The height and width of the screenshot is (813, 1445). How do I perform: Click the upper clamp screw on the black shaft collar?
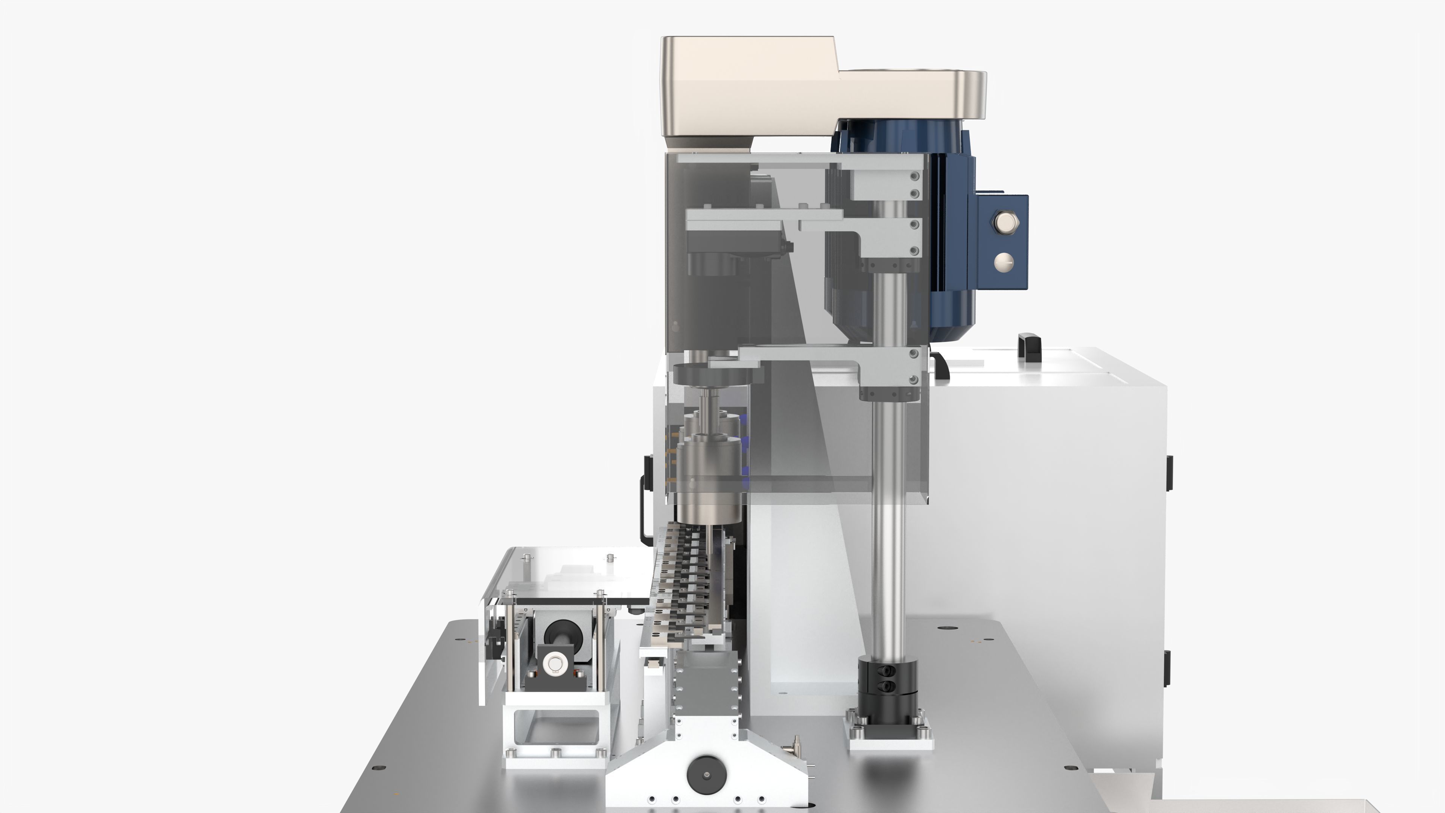pyautogui.click(x=888, y=670)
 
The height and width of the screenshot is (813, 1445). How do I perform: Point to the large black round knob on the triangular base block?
pyautogui.click(x=706, y=775)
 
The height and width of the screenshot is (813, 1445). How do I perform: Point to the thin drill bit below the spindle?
pyautogui.click(x=709, y=550)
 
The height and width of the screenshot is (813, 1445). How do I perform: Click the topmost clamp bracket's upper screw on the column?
pyautogui.click(x=914, y=176)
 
